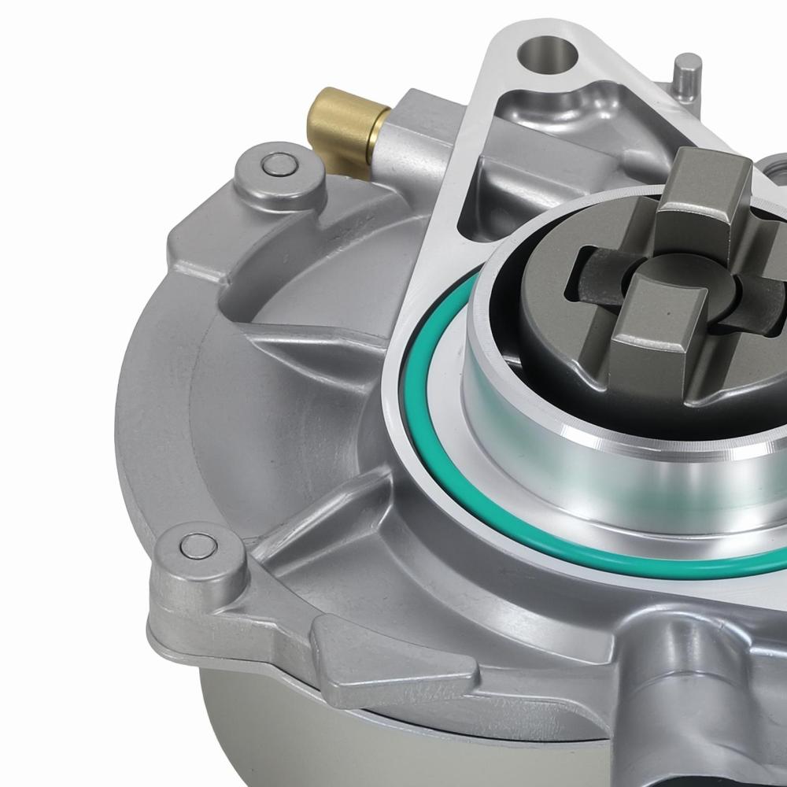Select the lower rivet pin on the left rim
click(197, 545)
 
